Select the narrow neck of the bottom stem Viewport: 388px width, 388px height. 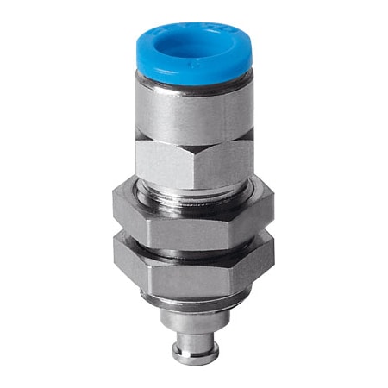pos(193,342)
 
